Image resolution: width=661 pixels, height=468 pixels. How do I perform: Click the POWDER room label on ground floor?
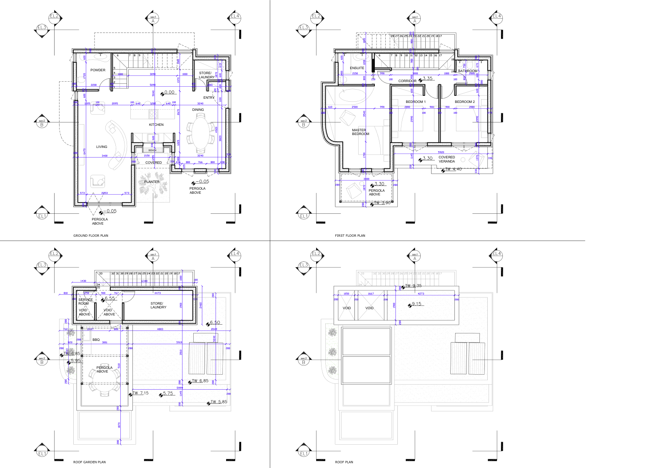pos(98,70)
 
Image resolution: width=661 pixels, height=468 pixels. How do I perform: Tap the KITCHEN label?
pos(156,125)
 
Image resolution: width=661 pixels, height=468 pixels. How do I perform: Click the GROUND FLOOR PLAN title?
pos(91,235)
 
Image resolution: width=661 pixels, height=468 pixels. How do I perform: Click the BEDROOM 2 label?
pos(464,102)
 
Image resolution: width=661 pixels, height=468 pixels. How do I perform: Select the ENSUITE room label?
pos(357,68)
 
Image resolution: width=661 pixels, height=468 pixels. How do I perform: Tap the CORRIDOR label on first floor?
pos(407,81)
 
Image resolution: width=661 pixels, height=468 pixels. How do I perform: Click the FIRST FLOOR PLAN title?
pos(350,235)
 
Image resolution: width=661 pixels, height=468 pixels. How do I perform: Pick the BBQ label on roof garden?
pos(96,340)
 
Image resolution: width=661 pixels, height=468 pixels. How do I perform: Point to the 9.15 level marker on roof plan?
pos(416,304)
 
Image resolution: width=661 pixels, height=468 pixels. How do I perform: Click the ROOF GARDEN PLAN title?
pos(90,462)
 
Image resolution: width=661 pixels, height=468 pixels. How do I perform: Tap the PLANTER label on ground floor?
pos(152,182)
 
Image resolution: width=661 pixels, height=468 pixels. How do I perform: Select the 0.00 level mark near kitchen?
pos(169,93)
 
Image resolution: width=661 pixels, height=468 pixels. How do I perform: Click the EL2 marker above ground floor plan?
pos(55,17)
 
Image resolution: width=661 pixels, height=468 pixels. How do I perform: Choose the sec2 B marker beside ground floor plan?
pos(42,123)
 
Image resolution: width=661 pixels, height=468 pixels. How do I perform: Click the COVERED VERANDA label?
pos(446,159)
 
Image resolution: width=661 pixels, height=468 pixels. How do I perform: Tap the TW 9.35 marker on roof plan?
pos(413,286)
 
